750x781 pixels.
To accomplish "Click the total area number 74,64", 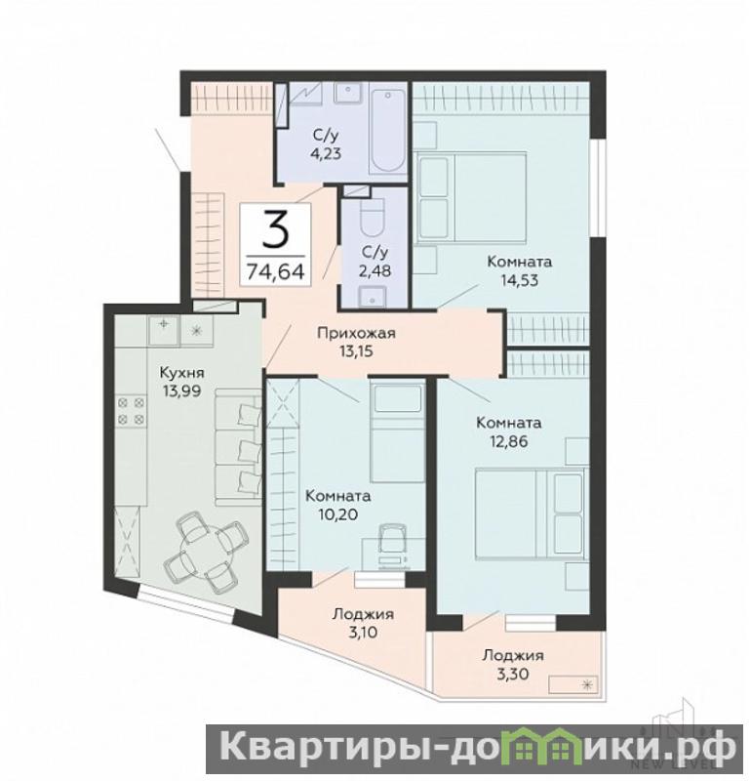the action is pyautogui.click(x=276, y=271).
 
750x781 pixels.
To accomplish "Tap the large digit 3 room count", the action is pyautogui.click(x=275, y=229).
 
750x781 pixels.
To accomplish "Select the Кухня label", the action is pyautogui.click(x=181, y=373).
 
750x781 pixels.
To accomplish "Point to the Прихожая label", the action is pyautogui.click(x=356, y=333).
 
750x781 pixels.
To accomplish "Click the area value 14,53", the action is pyautogui.click(x=520, y=280).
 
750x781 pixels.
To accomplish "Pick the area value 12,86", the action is pyautogui.click(x=509, y=441).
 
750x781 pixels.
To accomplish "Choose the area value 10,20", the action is pyautogui.click(x=337, y=514).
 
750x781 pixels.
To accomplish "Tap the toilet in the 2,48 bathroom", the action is pyautogui.click(x=372, y=218).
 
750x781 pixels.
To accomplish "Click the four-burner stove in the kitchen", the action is pyautogui.click(x=132, y=411).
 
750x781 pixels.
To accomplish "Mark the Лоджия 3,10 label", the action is pyautogui.click(x=364, y=623).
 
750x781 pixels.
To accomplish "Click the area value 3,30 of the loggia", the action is pyautogui.click(x=512, y=675).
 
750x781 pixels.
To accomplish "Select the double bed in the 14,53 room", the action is pyautogui.click(x=471, y=197).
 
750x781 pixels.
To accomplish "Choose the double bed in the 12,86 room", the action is pyautogui.click(x=532, y=514).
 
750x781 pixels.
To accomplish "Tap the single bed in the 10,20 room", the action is pyautogui.click(x=397, y=432).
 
